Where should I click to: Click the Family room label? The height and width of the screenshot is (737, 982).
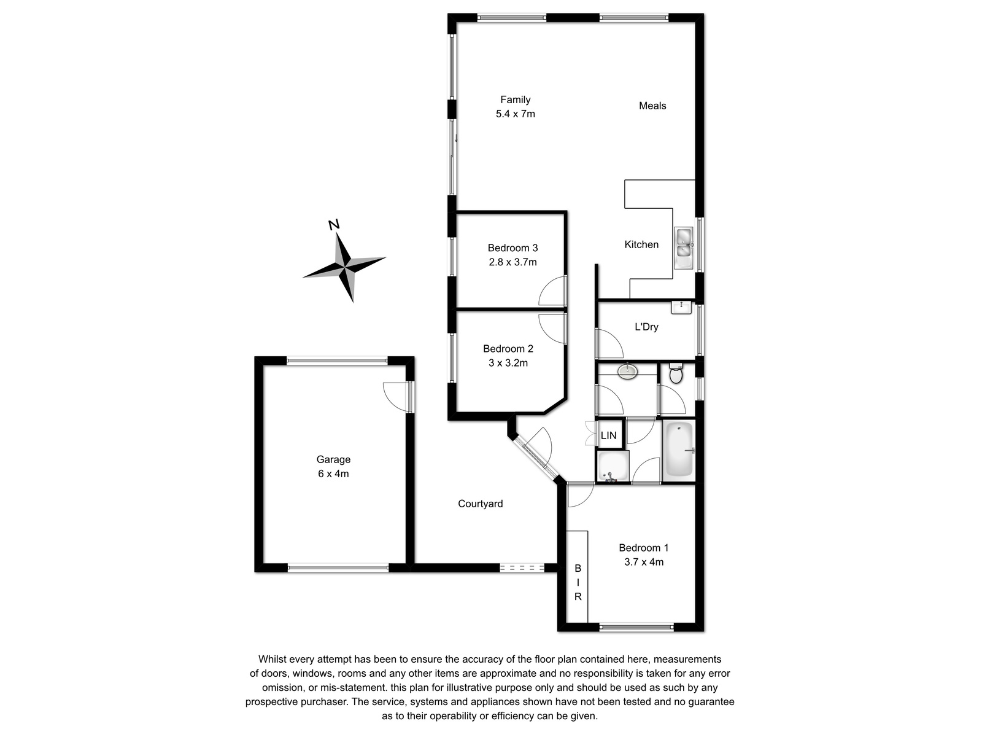[x=516, y=99]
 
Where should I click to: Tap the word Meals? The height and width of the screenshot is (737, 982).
[x=652, y=106]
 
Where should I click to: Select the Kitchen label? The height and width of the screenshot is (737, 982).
[x=641, y=245]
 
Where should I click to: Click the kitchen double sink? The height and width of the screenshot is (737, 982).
[x=684, y=248]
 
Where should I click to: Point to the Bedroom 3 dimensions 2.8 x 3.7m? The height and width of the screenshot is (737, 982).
[x=512, y=262]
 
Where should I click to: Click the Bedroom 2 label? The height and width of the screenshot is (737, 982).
[x=508, y=349]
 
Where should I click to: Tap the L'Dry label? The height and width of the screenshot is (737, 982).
[x=646, y=327]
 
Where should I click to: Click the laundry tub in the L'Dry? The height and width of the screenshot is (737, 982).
[x=681, y=308]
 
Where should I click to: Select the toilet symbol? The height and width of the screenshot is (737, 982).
[x=676, y=373]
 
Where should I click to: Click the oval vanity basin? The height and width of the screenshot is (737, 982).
[x=628, y=371]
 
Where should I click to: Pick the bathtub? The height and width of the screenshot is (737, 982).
[x=679, y=450]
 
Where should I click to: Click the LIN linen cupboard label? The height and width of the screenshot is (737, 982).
[x=608, y=435]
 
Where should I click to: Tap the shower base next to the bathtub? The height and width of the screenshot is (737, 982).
[x=613, y=466]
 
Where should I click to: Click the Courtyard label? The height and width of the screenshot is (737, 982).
[x=480, y=504]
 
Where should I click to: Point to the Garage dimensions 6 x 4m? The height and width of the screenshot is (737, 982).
[x=333, y=474]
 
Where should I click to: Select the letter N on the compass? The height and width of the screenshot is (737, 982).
[x=334, y=225]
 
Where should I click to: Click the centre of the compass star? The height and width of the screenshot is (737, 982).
[x=345, y=268]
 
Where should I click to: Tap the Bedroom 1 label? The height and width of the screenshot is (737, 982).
[x=643, y=548]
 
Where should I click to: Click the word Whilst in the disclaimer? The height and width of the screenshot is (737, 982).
[x=273, y=659]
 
